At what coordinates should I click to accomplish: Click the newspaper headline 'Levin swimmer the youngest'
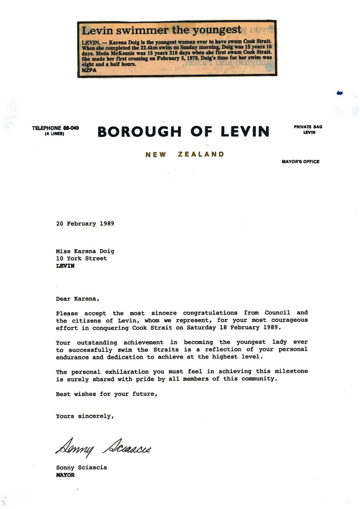pyautogui.click(x=161, y=31)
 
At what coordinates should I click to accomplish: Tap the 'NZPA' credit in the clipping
pyautogui.click(x=88, y=71)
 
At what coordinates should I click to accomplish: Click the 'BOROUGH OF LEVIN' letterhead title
pyautogui.click(x=183, y=132)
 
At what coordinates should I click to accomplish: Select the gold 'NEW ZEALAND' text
pyautogui.click(x=184, y=155)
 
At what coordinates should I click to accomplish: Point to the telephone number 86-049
pyautogui.click(x=70, y=128)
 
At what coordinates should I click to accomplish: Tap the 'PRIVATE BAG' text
pyautogui.click(x=308, y=127)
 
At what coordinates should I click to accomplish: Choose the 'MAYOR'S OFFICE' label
pyautogui.click(x=300, y=162)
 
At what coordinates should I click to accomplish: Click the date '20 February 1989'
pyautogui.click(x=85, y=224)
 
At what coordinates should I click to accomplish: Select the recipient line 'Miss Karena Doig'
pyautogui.click(x=85, y=252)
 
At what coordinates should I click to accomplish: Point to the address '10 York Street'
pyautogui.click(x=81, y=258)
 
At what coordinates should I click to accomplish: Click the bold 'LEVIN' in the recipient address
pyautogui.click(x=65, y=266)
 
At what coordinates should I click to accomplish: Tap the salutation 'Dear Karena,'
pyautogui.click(x=78, y=299)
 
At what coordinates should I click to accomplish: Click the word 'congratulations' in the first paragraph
pyautogui.click(x=210, y=313)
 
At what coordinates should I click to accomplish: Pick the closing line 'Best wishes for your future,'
pyautogui.click(x=106, y=394)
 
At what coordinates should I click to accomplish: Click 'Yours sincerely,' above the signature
pyautogui.click(x=85, y=416)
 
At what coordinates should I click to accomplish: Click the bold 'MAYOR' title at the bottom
pyautogui.click(x=65, y=475)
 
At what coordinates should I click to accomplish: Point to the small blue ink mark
pyautogui.click(x=340, y=93)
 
